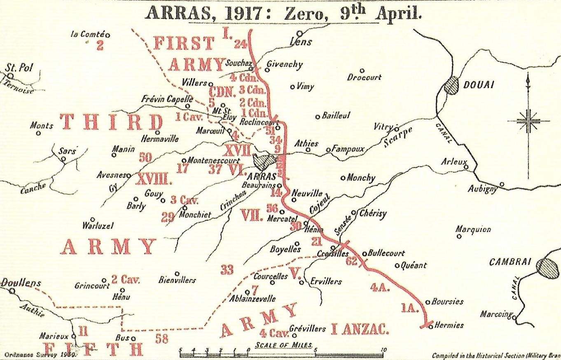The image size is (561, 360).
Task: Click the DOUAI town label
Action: (x=479, y=85)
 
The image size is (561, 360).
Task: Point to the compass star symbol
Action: (x=528, y=121)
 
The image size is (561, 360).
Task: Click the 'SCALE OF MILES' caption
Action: (x=284, y=345)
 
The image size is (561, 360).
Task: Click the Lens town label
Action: (x=301, y=42)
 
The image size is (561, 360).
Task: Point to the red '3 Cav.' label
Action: (x=184, y=200)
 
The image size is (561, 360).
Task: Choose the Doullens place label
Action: (x=21, y=283)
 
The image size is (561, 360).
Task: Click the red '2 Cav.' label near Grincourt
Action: (x=126, y=280)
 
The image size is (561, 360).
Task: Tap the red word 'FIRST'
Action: (x=184, y=43)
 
